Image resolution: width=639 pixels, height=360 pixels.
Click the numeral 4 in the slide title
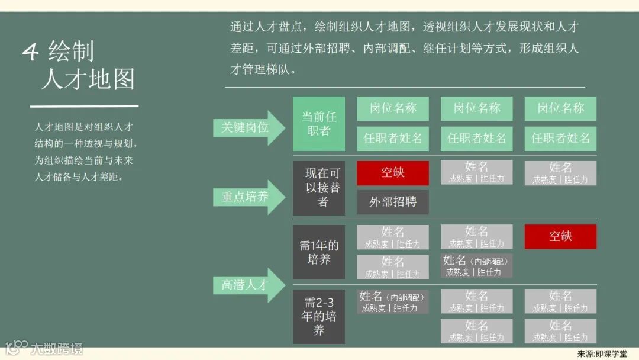coord(30,52)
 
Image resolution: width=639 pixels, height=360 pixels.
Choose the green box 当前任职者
coord(319,124)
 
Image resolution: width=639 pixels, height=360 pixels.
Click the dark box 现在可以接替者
coord(319,188)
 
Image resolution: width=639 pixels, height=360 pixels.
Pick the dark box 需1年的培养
coord(319,252)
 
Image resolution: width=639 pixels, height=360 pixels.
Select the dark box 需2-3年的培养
coord(319,316)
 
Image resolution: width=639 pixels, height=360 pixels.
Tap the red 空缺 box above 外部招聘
coord(393,173)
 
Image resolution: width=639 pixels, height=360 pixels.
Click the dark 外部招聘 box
coord(393,202)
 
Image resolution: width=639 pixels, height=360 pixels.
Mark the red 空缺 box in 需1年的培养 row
coord(560,236)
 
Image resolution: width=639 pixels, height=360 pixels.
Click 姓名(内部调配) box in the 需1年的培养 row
coord(476,266)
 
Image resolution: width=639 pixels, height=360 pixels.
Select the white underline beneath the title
coord(84,107)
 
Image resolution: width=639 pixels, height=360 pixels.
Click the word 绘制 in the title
coord(72,52)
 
